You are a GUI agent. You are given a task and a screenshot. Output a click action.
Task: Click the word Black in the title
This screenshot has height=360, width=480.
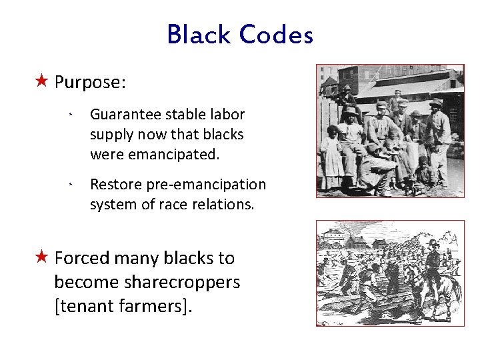coord(199,35)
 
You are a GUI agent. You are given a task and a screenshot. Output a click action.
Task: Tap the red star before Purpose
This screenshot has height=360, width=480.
coord(41,81)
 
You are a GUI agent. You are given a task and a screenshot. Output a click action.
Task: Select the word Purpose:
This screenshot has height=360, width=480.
coord(91,82)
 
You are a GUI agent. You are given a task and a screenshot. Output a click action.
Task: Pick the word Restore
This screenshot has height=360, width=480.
coord(113,184)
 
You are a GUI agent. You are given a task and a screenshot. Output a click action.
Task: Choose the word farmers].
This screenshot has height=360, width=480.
coord(157,306)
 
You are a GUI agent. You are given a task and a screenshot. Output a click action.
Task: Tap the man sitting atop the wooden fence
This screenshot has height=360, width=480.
coord(346,99)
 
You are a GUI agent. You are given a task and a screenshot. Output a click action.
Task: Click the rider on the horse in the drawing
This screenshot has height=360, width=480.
coord(434,257)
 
